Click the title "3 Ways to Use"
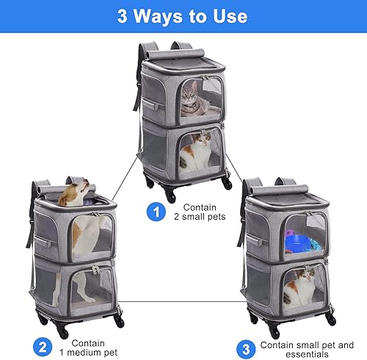click(183, 15)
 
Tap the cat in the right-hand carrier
click(303, 288)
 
